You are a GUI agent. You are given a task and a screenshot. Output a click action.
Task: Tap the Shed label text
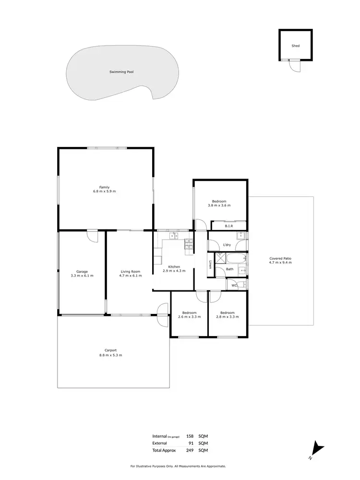point(295,46)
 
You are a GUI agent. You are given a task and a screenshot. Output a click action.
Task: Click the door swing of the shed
point(294,66)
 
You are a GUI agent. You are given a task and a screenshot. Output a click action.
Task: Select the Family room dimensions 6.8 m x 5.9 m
point(104,192)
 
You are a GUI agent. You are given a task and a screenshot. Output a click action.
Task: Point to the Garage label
point(82,272)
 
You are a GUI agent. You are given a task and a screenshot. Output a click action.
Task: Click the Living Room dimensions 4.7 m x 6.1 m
point(130,276)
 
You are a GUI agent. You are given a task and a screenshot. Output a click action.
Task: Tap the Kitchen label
point(174,266)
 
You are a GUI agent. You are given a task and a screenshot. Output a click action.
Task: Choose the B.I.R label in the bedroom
point(229,226)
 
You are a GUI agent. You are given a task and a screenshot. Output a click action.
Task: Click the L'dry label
point(227,245)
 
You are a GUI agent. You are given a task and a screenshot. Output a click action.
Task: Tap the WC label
point(234,286)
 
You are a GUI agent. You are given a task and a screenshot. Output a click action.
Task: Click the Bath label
point(230,269)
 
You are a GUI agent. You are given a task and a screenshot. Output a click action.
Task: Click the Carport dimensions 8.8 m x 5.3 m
point(110,355)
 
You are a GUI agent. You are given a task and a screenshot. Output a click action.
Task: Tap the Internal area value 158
point(190,436)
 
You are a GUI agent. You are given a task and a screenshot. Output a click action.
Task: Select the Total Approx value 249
point(190,450)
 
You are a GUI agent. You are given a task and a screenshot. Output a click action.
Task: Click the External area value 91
point(191,443)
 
